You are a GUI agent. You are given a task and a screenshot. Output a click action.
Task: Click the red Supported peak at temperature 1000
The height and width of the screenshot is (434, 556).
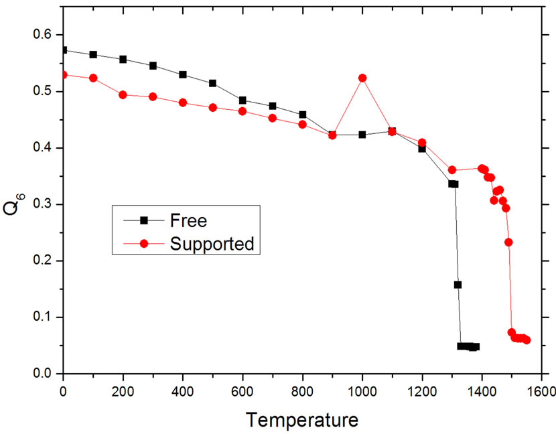point(362,78)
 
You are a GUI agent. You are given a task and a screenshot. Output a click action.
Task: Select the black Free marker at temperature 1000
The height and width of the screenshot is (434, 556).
point(362,135)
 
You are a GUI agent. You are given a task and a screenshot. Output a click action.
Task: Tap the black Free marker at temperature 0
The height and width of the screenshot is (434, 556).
point(64,50)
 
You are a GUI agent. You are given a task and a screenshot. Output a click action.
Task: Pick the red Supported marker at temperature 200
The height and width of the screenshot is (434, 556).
point(123,94)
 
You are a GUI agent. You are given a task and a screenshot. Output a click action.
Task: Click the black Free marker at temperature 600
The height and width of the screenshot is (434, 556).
point(242,100)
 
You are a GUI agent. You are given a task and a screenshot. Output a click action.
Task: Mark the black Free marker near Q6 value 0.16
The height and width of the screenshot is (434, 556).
point(458,285)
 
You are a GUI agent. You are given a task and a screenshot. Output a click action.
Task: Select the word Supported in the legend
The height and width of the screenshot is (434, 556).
point(212,243)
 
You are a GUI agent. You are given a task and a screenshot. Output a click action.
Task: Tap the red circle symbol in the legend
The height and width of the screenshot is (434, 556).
point(143,243)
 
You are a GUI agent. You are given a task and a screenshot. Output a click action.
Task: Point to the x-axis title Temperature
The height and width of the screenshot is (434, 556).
point(301,420)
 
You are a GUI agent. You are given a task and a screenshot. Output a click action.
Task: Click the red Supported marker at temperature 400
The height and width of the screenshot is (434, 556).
point(183,102)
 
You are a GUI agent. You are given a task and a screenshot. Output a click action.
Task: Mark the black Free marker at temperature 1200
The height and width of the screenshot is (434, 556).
point(422,149)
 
